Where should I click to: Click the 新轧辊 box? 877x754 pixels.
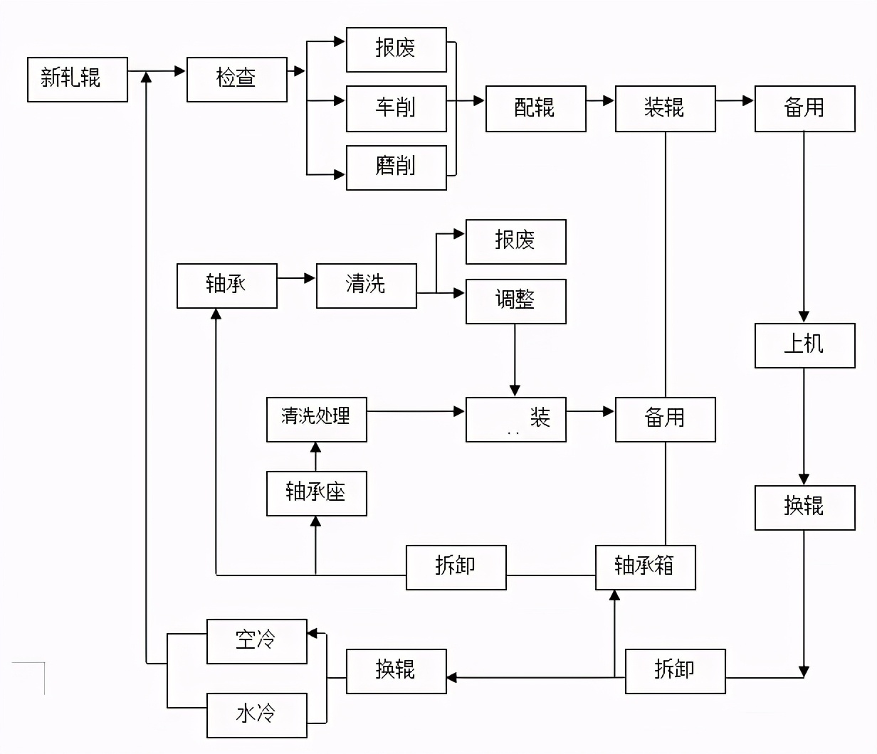[78, 79]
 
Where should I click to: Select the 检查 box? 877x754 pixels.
[237, 79]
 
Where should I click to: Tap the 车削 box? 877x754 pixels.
[396, 109]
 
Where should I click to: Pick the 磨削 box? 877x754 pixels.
[396, 168]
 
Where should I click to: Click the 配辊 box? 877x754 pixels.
[535, 109]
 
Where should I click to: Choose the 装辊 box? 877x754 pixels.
[665, 109]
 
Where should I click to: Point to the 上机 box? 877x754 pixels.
[804, 346]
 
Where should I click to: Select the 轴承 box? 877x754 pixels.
[226, 286]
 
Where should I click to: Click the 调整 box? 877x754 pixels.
[515, 301]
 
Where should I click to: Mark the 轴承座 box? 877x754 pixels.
[316, 493]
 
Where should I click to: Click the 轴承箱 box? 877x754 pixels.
[645, 567]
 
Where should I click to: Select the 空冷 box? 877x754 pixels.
[256, 641]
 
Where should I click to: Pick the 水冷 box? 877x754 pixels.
[256, 715]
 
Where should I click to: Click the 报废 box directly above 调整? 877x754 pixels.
[515, 242]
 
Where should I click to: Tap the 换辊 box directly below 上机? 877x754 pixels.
[804, 507]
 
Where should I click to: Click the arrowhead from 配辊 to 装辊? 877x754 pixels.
[608, 101]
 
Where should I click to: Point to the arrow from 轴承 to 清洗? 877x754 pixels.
[296, 278]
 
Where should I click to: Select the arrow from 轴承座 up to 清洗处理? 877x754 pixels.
[316, 456]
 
